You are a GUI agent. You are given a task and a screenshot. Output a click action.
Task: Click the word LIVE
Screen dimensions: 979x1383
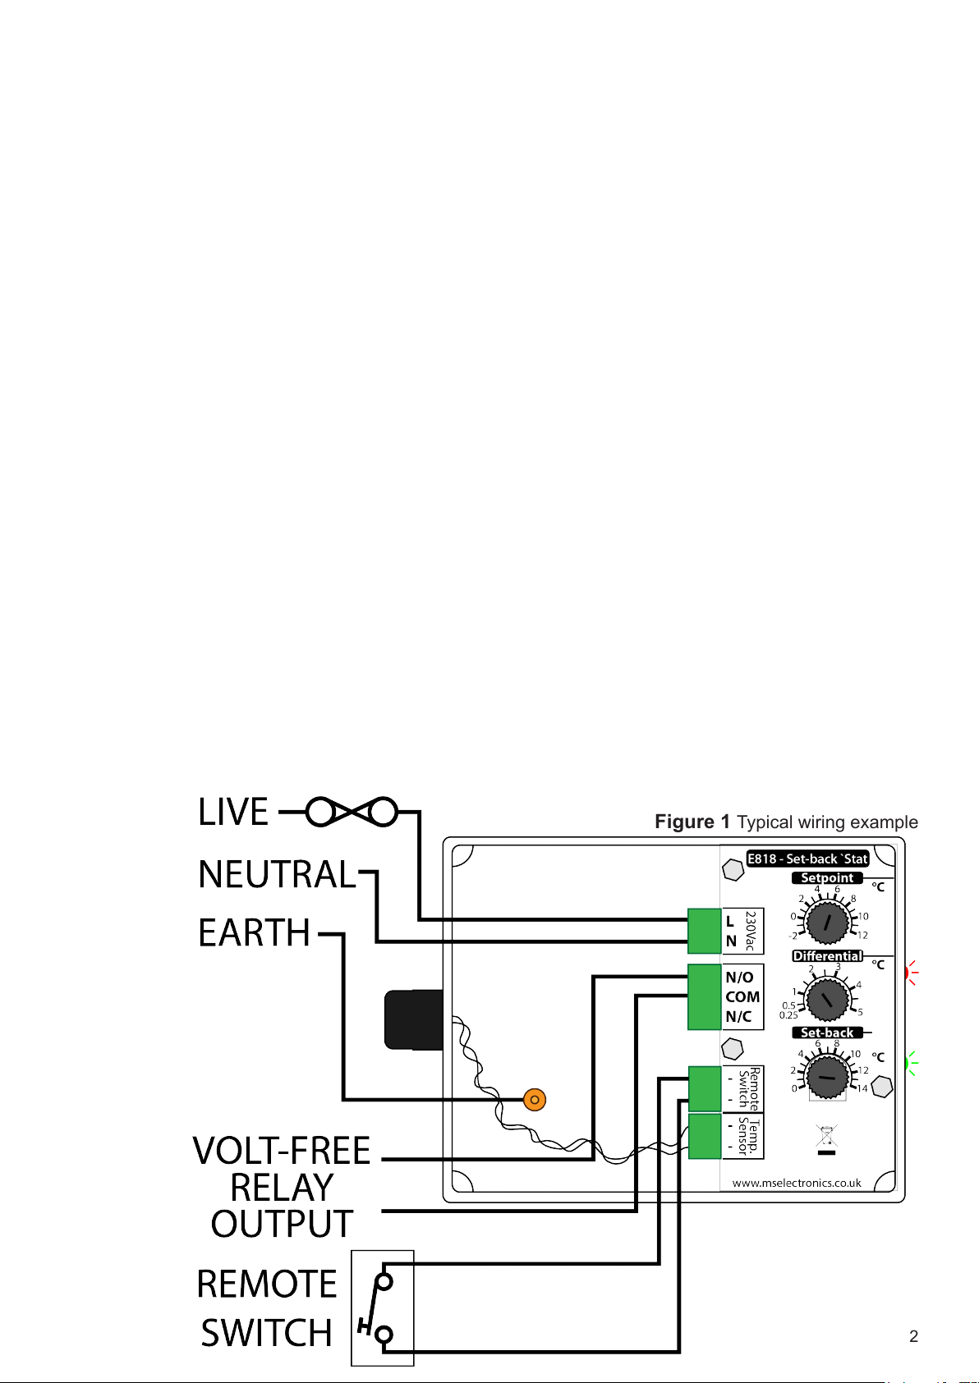233,811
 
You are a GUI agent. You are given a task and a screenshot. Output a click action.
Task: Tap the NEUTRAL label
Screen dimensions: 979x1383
277,874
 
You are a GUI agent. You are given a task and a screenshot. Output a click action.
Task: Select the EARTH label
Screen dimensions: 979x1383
254,932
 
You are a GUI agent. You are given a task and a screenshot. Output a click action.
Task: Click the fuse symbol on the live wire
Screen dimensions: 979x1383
352,812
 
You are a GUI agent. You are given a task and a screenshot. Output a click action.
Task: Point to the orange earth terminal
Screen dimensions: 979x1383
535,1100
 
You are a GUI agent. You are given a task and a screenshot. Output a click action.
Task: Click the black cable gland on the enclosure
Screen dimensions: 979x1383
413,1019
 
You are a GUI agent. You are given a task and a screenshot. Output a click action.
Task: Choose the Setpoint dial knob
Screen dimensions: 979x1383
828,923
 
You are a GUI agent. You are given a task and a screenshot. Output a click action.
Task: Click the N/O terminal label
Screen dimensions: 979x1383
739,978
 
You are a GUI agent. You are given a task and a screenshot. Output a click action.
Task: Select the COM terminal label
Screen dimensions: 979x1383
742,997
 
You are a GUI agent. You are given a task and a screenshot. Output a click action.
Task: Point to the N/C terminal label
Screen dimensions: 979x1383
738,1017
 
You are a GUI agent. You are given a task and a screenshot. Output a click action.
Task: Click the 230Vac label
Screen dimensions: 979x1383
751,931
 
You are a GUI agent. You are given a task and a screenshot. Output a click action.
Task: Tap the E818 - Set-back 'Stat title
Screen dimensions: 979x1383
808,859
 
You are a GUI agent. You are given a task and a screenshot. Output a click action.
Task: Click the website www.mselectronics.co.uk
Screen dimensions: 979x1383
797,1184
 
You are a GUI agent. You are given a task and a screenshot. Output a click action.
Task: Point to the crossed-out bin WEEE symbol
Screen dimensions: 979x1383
827,1140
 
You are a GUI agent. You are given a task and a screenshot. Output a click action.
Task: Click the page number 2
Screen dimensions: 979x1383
914,1337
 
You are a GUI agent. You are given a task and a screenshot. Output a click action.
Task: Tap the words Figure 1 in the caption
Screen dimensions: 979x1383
692,822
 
